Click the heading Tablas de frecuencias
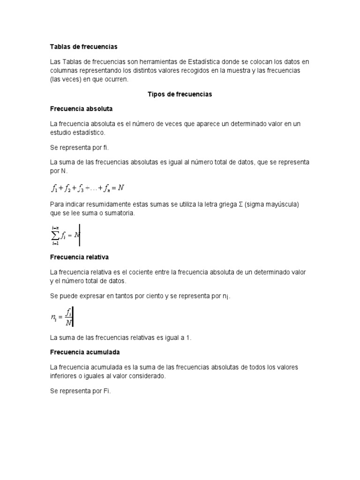pos(83,47)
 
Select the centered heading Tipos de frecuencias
pos(180,94)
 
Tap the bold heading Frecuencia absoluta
pos(81,109)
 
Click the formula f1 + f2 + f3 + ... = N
pos(88,188)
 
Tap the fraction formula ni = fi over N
pos(61,316)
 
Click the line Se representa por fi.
pos(79,147)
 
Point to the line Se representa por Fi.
pos(80,390)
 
